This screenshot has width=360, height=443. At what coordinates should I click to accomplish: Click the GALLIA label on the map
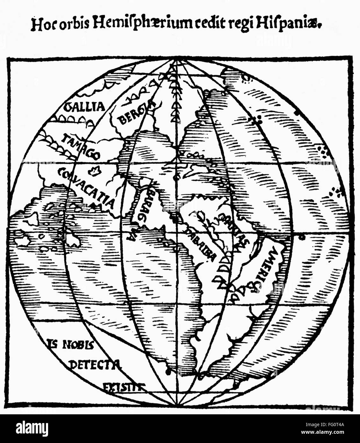(x=84, y=107)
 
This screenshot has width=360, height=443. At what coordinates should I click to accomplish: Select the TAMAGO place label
(x=81, y=146)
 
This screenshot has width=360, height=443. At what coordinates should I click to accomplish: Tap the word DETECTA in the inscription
(x=95, y=364)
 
